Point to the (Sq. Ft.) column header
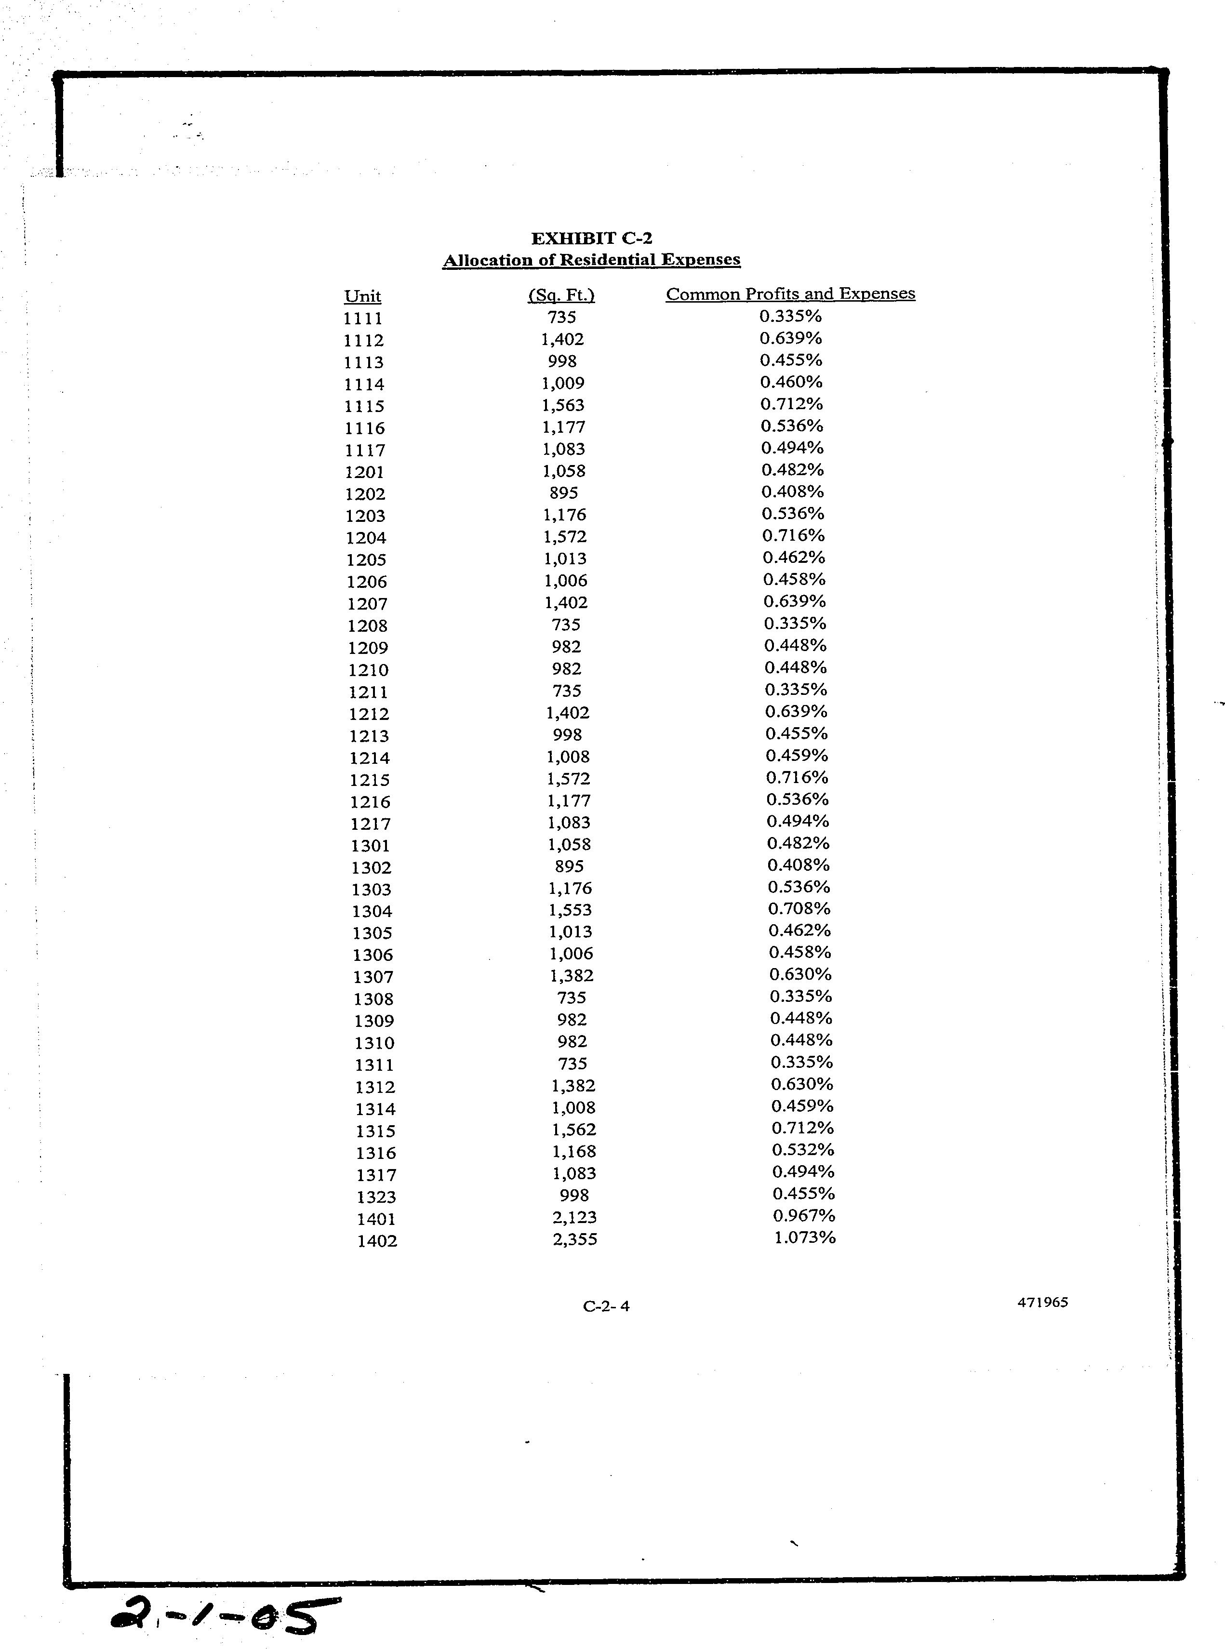(x=561, y=295)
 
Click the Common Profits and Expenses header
(x=790, y=293)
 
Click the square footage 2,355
(x=575, y=1239)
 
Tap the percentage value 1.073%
(x=805, y=1237)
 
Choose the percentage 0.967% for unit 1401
(x=804, y=1216)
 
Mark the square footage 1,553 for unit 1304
(x=570, y=910)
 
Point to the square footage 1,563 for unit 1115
(x=563, y=406)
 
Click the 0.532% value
(x=803, y=1150)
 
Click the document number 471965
(x=1042, y=1303)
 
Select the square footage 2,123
(x=575, y=1217)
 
